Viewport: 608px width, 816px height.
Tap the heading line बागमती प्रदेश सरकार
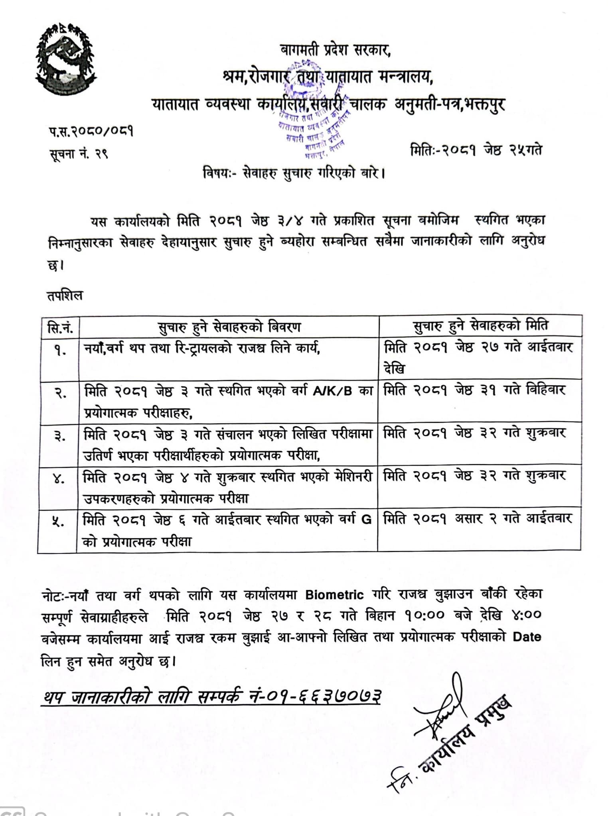[335, 50]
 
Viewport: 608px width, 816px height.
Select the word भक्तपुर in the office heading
[484, 105]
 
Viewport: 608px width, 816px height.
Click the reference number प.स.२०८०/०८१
[91, 131]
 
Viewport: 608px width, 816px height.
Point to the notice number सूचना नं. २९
[78, 153]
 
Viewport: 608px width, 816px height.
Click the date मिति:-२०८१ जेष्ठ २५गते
[476, 151]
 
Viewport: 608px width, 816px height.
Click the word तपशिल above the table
[65, 296]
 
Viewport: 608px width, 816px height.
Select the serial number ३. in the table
[60, 435]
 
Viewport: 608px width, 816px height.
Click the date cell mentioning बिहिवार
[474, 390]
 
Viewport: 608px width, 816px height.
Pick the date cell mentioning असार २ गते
[478, 519]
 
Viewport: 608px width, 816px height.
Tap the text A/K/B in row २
[332, 391]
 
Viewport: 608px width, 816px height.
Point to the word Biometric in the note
[334, 595]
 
